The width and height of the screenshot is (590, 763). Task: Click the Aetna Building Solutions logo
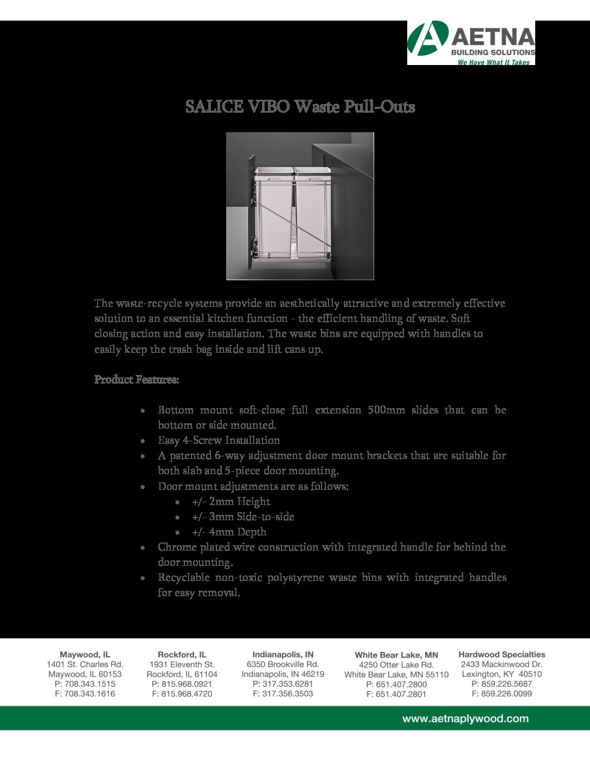click(471, 43)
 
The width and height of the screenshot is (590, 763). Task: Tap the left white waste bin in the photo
click(274, 211)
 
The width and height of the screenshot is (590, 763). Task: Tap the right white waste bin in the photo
click(312, 211)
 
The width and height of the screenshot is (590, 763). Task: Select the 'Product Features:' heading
click(137, 379)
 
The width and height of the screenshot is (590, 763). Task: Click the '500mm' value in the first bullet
click(386, 410)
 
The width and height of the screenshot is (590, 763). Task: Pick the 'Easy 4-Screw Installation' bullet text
click(219, 441)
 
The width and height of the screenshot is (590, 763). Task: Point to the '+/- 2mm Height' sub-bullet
click(231, 502)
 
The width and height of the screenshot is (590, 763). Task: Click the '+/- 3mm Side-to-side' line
click(243, 517)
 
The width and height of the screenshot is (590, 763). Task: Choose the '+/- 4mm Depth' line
click(229, 532)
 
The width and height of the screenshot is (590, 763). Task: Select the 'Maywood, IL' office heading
click(85, 655)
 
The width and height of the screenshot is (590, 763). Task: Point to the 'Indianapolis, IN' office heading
click(283, 655)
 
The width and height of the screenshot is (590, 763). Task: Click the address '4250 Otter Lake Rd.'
click(396, 665)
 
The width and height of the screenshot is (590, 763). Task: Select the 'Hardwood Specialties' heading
click(502, 655)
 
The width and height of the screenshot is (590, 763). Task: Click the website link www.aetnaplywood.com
click(465, 719)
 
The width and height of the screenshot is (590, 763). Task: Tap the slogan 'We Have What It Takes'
click(493, 62)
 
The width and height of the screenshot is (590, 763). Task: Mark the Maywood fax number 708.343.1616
click(89, 694)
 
